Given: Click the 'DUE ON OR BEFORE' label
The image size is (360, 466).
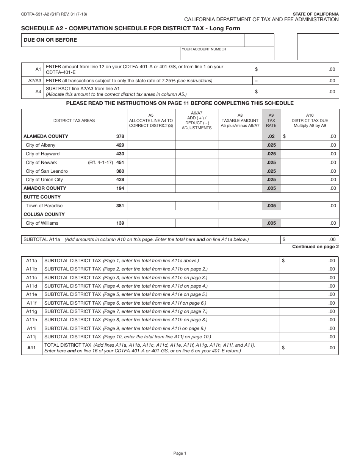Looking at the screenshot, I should tap(50, 40).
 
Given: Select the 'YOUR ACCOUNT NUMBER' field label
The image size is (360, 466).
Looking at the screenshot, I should tap(204, 49).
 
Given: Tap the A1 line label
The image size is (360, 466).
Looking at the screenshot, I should tap(38, 69).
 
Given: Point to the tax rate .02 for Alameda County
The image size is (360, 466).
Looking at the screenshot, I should tap(271, 136).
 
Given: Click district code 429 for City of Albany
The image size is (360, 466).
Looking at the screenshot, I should tap(120, 145).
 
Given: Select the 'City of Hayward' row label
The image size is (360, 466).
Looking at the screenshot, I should tap(42, 154).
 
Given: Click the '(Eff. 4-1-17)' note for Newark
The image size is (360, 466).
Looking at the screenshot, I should tap(100, 163).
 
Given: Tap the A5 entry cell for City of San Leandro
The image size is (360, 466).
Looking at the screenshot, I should tap(151, 171).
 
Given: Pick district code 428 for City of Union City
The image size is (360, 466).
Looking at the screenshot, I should tap(120, 180).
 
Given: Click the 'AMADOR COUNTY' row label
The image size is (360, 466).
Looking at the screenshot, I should tap(45, 188).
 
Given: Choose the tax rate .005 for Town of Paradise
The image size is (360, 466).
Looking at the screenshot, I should tap(271, 206).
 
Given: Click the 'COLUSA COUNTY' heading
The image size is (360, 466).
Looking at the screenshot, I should tap(44, 214).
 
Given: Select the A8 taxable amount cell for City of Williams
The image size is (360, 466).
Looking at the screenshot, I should tap(240, 223).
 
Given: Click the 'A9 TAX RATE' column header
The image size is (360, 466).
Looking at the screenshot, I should tap(271, 120).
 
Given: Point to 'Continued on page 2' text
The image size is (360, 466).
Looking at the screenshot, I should tap(315, 247).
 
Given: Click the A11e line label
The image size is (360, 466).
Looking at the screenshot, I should tap(32, 294).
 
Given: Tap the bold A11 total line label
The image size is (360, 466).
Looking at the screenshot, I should tap(31, 347).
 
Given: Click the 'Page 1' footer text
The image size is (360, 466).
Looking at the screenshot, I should tap(180, 453).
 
